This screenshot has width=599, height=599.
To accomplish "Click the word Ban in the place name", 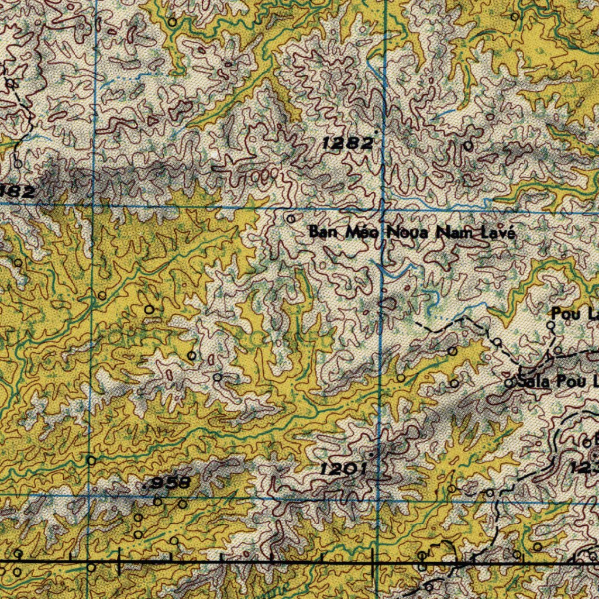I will [320, 232].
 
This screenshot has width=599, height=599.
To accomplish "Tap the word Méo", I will [358, 232].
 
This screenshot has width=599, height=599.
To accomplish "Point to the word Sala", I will [535, 383].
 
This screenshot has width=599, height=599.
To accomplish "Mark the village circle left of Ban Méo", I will [291, 219].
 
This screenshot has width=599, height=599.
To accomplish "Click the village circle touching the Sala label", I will [509, 383].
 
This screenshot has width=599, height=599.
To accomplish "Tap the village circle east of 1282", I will [468, 146].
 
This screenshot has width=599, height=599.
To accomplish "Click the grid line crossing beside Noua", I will [382, 208].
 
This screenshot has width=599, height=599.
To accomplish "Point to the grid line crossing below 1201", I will [378, 498].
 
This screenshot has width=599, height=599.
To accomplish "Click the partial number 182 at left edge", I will [18, 191].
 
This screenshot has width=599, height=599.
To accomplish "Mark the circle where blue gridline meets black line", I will [91, 566].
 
